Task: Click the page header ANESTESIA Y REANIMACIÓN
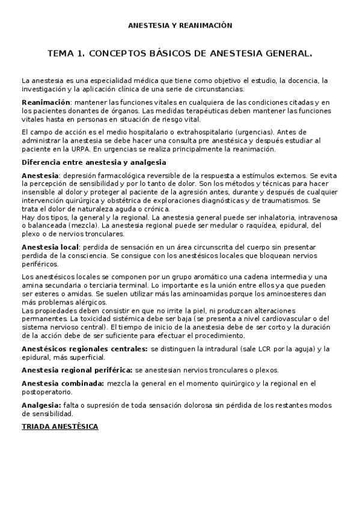click(180, 26)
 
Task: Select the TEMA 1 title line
click(180, 54)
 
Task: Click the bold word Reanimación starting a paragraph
click(46, 103)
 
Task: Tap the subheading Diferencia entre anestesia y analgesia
click(94, 162)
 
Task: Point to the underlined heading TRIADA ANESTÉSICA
click(60, 426)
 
